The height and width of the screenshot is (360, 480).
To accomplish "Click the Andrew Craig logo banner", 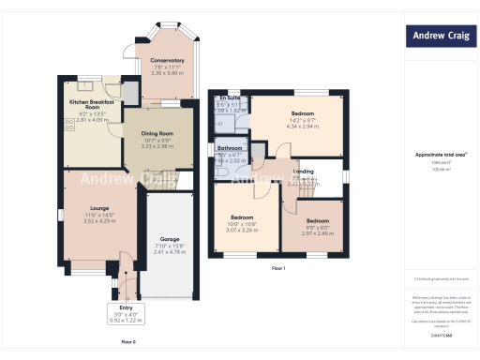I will (440, 37).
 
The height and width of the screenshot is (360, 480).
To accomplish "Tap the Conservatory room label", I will (167, 60).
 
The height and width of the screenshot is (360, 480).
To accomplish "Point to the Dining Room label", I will (149, 135).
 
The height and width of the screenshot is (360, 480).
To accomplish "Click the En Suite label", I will (230, 98).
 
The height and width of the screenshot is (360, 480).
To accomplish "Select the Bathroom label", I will (231, 149).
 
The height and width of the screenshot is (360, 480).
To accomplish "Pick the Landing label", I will (303, 172).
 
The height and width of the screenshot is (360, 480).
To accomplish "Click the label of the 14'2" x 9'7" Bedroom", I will (302, 113).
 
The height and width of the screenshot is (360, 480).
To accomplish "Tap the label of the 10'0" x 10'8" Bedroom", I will (244, 217).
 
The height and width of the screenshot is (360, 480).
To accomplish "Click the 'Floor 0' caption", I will (128, 341).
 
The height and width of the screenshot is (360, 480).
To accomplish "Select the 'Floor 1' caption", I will (277, 268).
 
